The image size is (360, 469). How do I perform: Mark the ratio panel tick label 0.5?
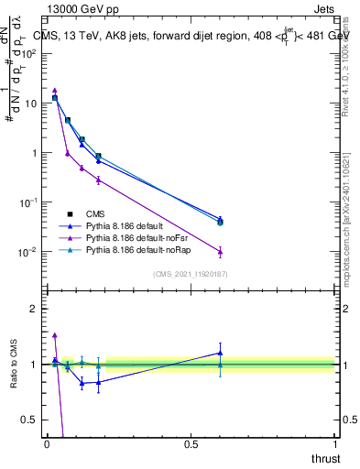28,420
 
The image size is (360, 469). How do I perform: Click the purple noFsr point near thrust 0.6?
220,252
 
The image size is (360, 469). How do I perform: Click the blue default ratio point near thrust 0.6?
220,353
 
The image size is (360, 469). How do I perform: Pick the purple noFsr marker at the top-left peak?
55,91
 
